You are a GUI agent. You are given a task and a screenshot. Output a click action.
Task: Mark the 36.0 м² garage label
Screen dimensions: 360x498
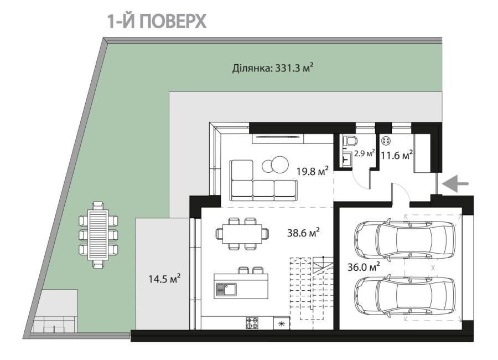[x=366, y=266]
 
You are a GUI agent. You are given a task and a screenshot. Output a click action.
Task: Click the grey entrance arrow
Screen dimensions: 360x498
[x=457, y=184]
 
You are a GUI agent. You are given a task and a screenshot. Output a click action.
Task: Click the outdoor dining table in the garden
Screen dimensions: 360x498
[x=98, y=235]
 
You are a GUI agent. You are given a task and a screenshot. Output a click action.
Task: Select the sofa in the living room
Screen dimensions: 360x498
[x=263, y=181]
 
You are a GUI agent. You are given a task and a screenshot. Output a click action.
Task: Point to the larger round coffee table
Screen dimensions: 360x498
[x=279, y=164]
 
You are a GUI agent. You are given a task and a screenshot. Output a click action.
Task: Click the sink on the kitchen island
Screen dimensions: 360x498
[x=226, y=289]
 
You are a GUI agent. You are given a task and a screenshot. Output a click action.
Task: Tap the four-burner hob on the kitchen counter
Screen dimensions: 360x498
[x=252, y=323]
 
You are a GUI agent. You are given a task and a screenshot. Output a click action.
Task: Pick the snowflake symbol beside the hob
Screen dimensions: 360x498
[x=281, y=323]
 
